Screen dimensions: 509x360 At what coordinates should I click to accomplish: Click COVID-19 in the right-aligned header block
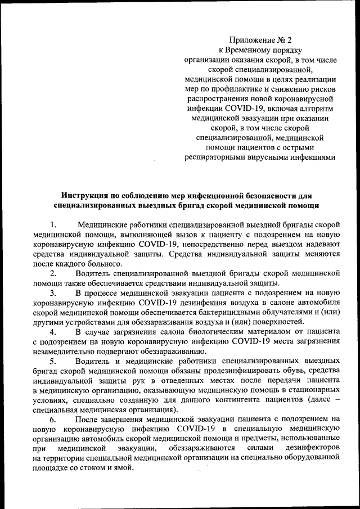tap(244, 108)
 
